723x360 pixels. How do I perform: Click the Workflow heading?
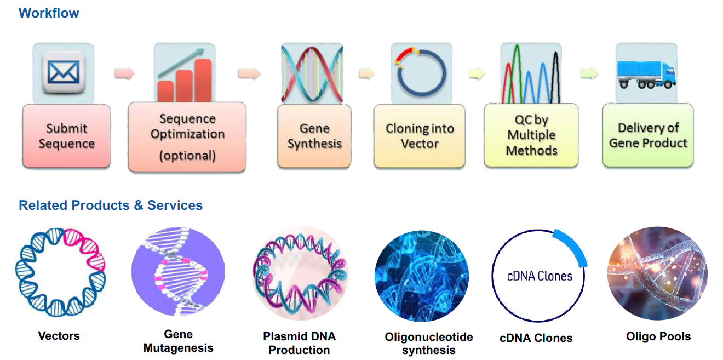(49, 13)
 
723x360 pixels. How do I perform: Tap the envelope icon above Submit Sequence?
(64, 72)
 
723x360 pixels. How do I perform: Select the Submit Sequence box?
(66, 136)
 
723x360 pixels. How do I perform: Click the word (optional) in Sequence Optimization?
(187, 156)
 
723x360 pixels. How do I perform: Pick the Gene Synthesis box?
(314, 136)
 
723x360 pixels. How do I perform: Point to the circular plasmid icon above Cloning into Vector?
(421, 72)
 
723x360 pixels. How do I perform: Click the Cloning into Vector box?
(420, 136)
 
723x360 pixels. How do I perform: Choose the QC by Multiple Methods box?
(531, 135)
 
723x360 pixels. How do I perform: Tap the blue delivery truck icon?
(646, 75)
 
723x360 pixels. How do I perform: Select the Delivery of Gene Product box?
(648, 135)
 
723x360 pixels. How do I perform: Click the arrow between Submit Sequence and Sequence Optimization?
(124, 73)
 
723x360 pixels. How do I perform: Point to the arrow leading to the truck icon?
(589, 73)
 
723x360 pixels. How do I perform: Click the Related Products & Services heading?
(111, 205)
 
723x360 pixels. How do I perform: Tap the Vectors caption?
(59, 336)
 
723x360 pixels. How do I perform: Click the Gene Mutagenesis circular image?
(178, 272)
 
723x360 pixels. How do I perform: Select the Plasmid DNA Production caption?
(299, 343)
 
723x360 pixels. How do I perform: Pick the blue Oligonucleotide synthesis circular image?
(422, 276)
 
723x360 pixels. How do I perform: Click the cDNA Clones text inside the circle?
(540, 276)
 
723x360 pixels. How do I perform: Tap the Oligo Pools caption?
(658, 336)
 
